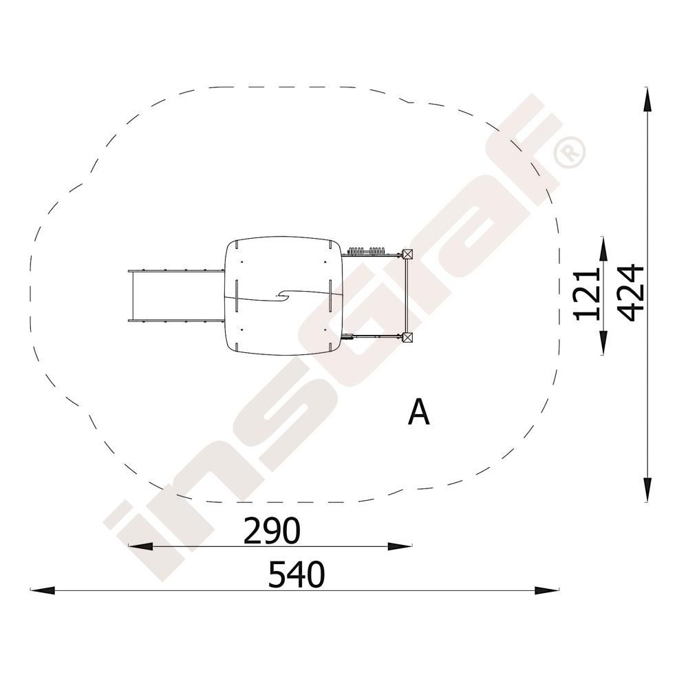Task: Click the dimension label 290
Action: coord(272,530)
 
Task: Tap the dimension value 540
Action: coord(297,574)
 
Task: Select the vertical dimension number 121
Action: coord(587,295)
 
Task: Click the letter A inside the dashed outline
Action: coord(418,412)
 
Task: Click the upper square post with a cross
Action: coord(408,254)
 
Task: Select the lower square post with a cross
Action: coord(408,337)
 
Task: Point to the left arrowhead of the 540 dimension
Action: coord(42,590)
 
